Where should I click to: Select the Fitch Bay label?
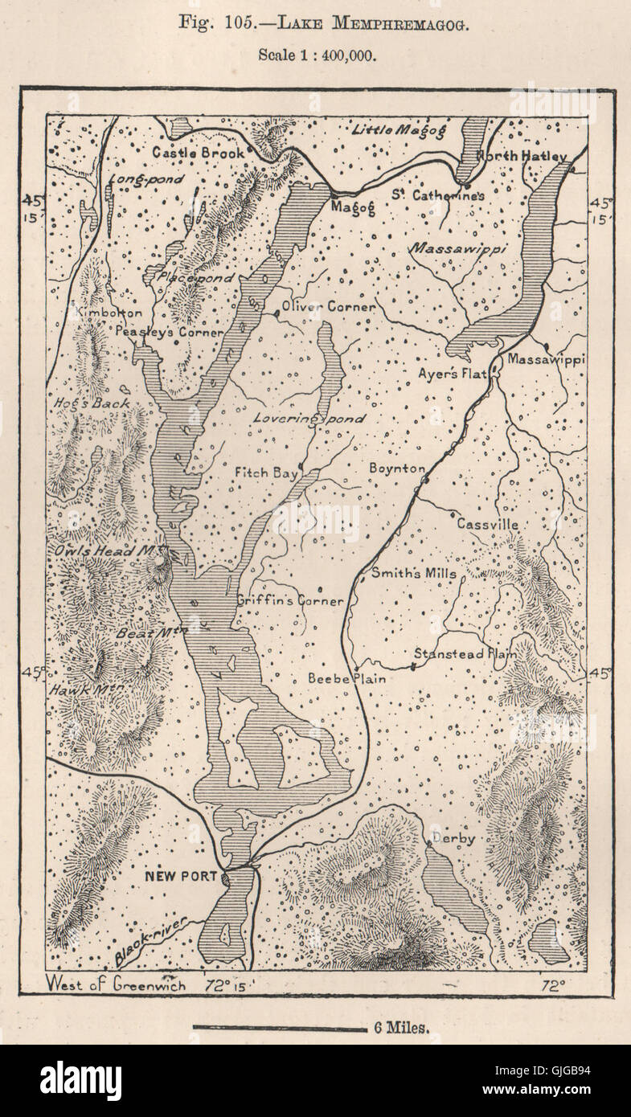(266, 473)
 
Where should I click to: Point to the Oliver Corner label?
(327, 307)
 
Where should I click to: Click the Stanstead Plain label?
(465, 654)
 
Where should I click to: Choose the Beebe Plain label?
(346, 678)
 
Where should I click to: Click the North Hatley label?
(521, 156)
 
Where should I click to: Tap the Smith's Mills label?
(413, 573)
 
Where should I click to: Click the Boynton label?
(396, 468)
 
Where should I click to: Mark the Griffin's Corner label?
(290, 600)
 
